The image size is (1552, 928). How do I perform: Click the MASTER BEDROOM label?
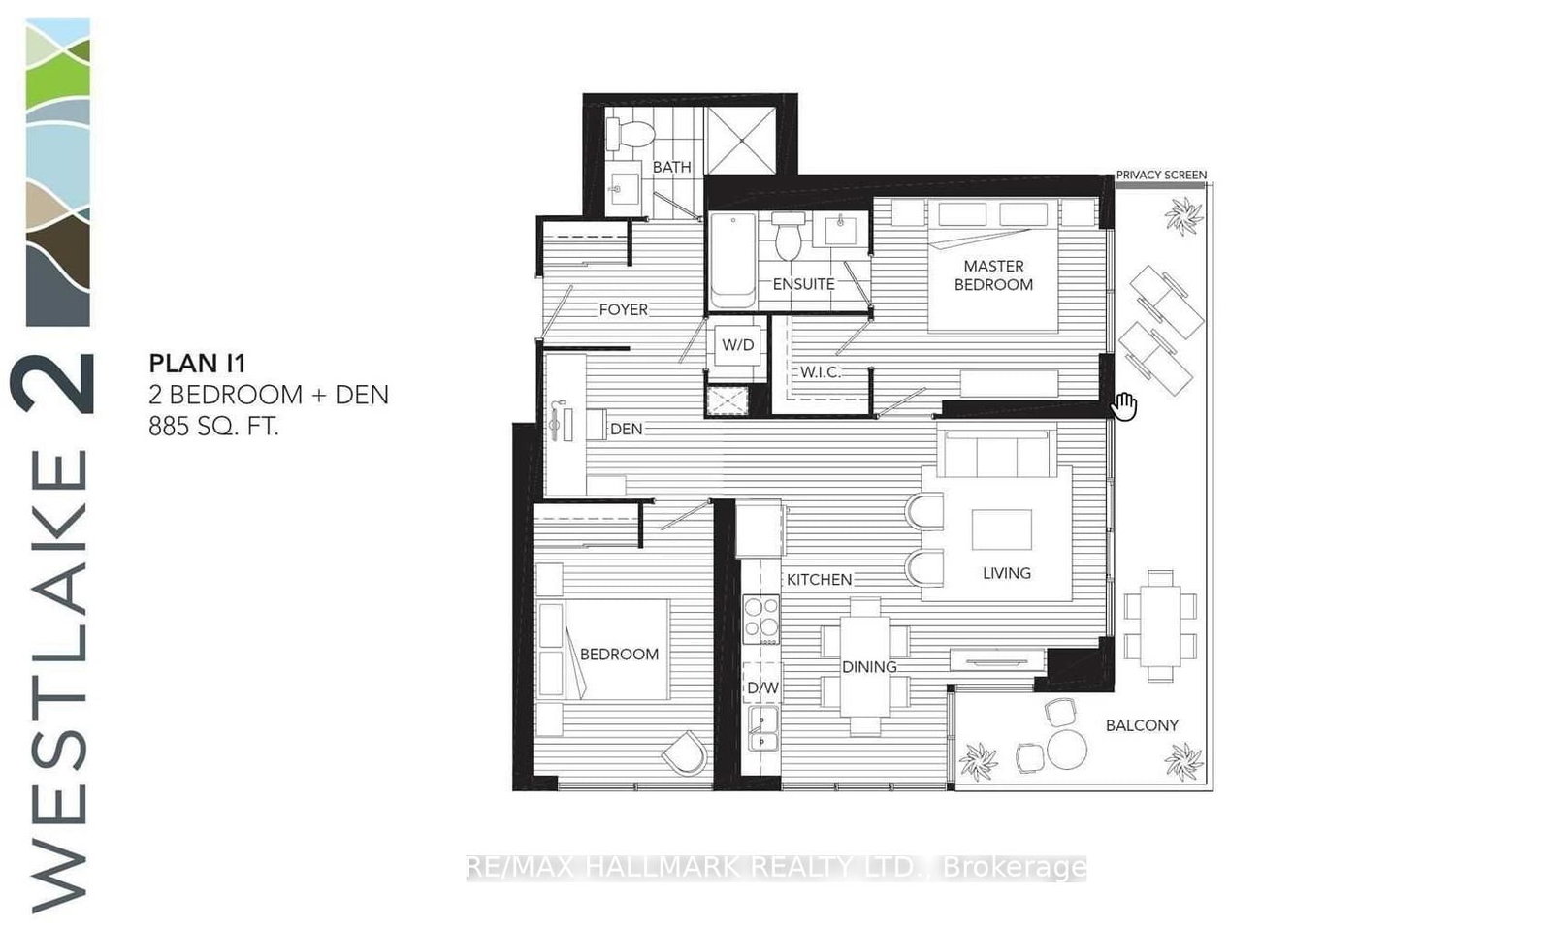point(993,275)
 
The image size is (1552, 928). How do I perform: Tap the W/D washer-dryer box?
point(737,345)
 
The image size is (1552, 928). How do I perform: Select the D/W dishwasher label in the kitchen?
point(762,688)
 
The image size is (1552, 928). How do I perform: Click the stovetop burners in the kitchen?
point(760,619)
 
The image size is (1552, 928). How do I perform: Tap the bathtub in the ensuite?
point(733,259)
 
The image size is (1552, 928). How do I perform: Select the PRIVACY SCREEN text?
point(1161,176)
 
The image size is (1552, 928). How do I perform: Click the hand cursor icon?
point(1124,406)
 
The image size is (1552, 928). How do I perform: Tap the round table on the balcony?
point(1066,749)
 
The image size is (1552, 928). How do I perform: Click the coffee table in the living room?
point(1002,529)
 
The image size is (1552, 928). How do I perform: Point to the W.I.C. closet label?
point(820,372)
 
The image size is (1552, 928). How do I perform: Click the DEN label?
point(627,429)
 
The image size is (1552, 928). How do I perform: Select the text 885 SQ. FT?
point(213,426)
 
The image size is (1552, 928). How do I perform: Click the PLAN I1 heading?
point(197,364)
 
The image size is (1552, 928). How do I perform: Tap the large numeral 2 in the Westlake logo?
point(54,383)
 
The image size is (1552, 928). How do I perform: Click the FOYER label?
point(623,310)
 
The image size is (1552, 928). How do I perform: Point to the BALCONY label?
point(1142,725)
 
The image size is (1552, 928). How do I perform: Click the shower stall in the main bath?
point(741,141)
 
